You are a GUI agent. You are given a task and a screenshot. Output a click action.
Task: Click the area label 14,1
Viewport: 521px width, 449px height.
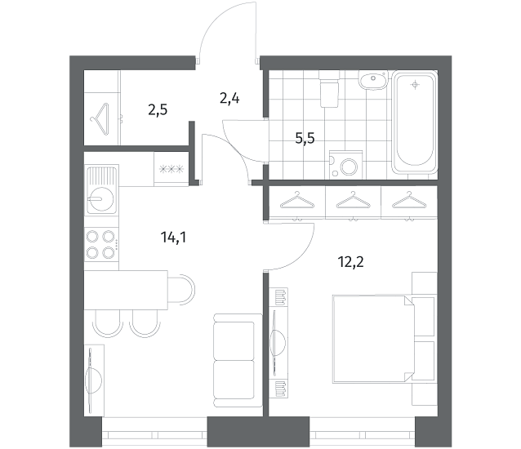(x=173, y=238)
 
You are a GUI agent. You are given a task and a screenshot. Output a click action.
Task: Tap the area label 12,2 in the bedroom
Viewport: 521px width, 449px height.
(x=350, y=262)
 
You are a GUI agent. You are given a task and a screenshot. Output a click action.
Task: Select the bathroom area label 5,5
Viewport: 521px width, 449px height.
(x=305, y=138)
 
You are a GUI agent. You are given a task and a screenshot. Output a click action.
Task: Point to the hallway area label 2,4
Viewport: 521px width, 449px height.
(x=229, y=99)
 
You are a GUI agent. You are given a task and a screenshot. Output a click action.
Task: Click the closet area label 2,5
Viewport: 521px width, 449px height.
(x=158, y=109)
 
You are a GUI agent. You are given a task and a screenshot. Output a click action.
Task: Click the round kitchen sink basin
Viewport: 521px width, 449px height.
(x=102, y=199)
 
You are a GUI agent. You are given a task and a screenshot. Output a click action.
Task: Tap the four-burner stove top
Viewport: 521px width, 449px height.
(x=101, y=244)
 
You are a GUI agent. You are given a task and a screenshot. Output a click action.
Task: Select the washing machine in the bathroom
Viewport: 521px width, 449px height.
(x=346, y=165)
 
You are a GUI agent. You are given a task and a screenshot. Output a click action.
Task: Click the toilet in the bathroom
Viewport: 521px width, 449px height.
(x=329, y=89)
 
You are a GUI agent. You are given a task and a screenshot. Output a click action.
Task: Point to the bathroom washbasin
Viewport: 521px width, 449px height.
(x=373, y=80)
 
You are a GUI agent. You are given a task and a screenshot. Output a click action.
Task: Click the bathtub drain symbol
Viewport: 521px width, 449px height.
(x=415, y=85)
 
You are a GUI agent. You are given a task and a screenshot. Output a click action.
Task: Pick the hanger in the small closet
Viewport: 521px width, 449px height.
(x=100, y=119)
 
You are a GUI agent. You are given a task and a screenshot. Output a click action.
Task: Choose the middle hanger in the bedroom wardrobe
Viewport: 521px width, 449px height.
(x=354, y=200)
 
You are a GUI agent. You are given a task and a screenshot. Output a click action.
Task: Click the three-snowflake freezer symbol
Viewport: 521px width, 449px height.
(x=171, y=169)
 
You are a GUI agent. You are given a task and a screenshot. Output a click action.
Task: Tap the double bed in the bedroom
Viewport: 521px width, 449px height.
(x=374, y=339)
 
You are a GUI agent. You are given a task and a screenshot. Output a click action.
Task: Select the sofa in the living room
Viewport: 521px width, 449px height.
(x=234, y=361)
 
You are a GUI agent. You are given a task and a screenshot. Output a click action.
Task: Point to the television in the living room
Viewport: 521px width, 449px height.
(x=93, y=380)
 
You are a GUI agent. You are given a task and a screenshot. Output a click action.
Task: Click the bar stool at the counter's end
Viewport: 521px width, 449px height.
(x=181, y=289)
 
